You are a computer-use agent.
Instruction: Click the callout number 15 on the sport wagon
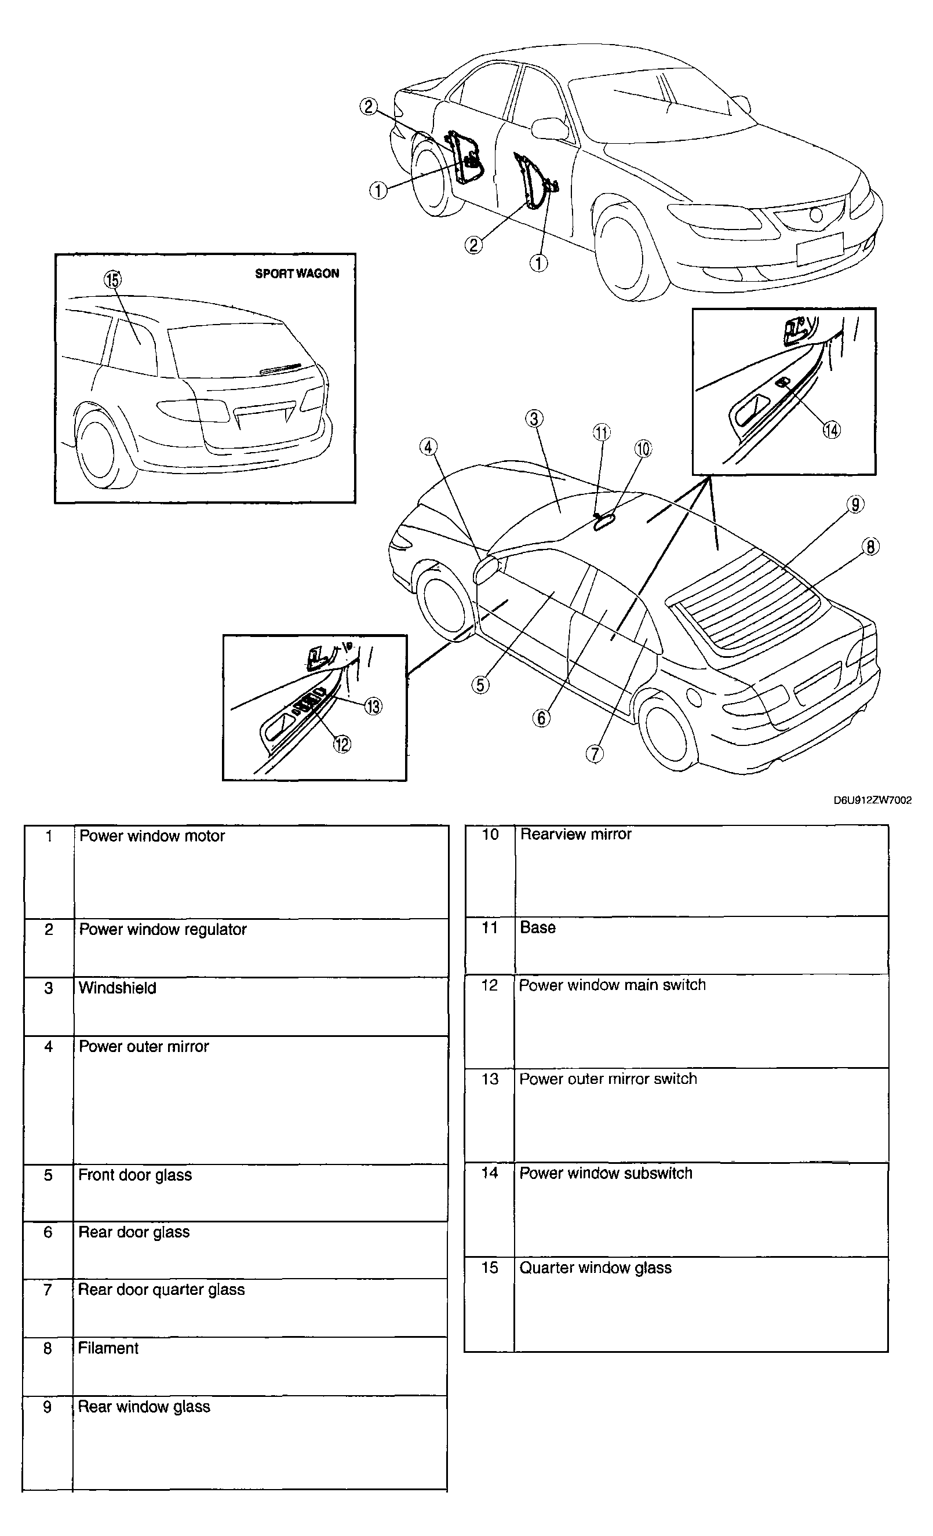[x=113, y=280]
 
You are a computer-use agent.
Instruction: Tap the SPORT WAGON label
[x=297, y=274]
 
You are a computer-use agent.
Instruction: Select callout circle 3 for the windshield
[x=534, y=418]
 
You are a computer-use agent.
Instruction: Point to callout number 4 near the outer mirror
[x=428, y=447]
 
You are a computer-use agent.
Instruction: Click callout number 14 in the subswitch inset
[x=832, y=430]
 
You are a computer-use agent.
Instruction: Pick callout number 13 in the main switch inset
[x=373, y=707]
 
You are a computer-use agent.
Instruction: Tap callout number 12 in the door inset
[x=341, y=744]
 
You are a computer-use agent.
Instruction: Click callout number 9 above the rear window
[x=855, y=504]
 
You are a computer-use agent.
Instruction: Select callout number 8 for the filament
[x=870, y=547]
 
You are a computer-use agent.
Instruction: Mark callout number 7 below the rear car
[x=595, y=754]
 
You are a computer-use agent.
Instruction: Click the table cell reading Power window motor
[x=152, y=836]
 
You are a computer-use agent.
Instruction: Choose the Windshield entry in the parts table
[x=117, y=988]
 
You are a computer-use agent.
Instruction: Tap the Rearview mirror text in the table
[x=575, y=834]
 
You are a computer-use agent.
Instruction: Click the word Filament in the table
[x=108, y=1348]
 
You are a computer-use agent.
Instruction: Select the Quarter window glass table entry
[x=595, y=1268]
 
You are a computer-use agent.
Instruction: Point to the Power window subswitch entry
[x=606, y=1173]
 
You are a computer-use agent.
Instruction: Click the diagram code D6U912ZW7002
[x=872, y=800]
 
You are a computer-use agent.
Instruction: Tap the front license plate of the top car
[x=819, y=249]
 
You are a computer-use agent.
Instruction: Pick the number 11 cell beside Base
[x=490, y=927]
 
